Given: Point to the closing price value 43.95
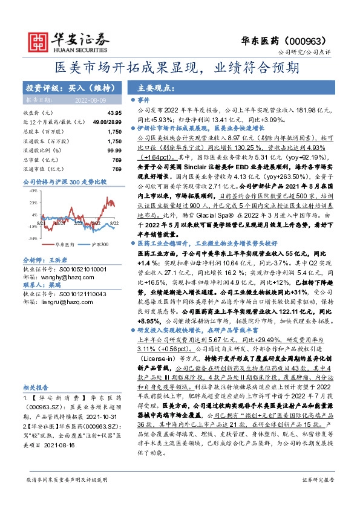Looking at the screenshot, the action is [x=114, y=113].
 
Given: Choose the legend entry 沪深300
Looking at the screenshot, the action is [x=99, y=244].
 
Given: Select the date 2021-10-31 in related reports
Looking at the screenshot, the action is [x=102, y=416].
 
